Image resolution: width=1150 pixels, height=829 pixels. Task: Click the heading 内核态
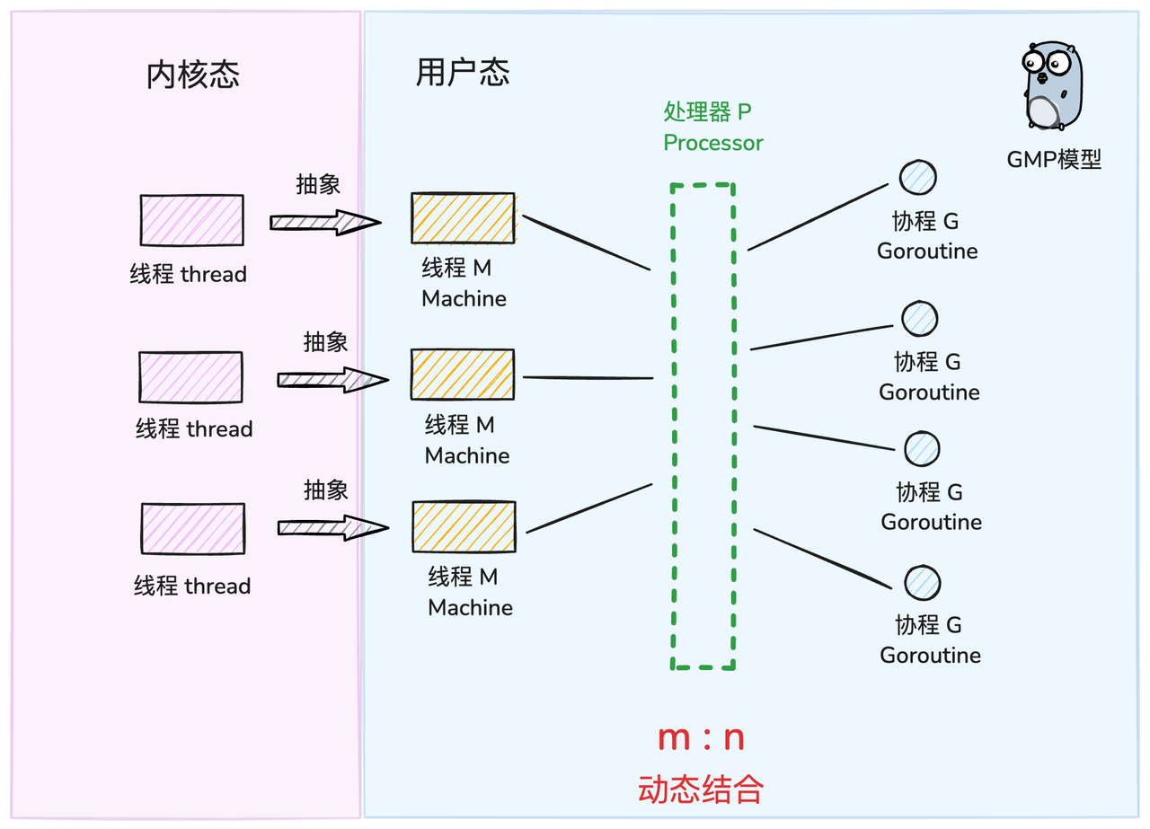(x=193, y=75)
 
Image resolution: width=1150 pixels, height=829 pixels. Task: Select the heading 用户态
(x=463, y=72)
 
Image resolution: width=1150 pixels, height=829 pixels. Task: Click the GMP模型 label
(x=1054, y=160)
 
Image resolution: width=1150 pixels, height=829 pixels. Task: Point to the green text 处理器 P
(x=707, y=112)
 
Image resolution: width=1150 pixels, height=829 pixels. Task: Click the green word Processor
(x=713, y=143)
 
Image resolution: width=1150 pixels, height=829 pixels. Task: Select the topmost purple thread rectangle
(x=191, y=220)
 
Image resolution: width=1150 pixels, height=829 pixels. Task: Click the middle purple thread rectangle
(x=190, y=377)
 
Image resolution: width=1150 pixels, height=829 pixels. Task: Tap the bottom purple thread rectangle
(x=192, y=529)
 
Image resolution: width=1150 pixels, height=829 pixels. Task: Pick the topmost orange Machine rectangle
(x=463, y=218)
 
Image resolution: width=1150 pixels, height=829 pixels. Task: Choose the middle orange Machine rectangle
(x=463, y=375)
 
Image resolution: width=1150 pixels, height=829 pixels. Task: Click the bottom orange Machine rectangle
(x=464, y=527)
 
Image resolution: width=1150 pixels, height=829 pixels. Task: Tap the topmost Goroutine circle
(x=918, y=178)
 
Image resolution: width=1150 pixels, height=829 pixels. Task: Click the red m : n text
(x=701, y=738)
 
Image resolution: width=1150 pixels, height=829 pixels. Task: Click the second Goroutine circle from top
(x=920, y=317)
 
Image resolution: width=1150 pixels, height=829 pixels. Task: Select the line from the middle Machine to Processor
(x=588, y=378)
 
